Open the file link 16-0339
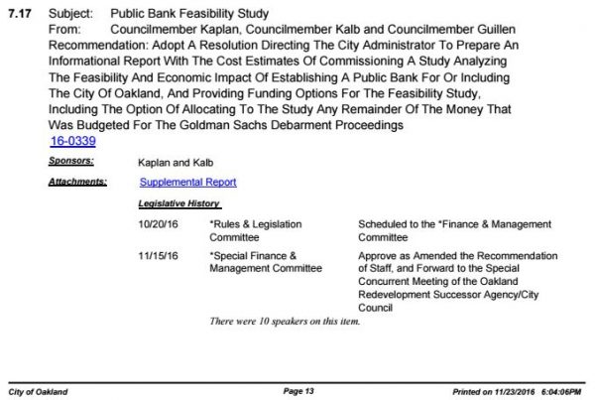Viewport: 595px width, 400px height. click(x=72, y=142)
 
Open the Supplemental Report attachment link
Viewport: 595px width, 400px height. click(x=187, y=183)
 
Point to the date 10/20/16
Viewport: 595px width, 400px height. click(x=158, y=224)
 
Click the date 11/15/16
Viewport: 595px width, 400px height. click(x=158, y=256)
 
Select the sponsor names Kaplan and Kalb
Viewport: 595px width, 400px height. click(x=174, y=162)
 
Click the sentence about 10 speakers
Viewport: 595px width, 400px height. click(x=284, y=322)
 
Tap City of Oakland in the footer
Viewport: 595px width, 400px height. click(x=38, y=392)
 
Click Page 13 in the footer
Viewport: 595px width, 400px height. click(x=297, y=392)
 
